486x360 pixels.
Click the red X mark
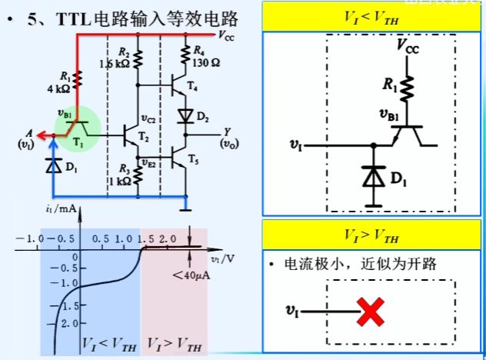[371, 312]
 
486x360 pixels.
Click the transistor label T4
[191, 91]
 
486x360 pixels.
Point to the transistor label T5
[192, 162]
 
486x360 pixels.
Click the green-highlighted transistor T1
[80, 128]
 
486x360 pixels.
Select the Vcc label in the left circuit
[228, 35]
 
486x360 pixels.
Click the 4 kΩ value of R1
[59, 88]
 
